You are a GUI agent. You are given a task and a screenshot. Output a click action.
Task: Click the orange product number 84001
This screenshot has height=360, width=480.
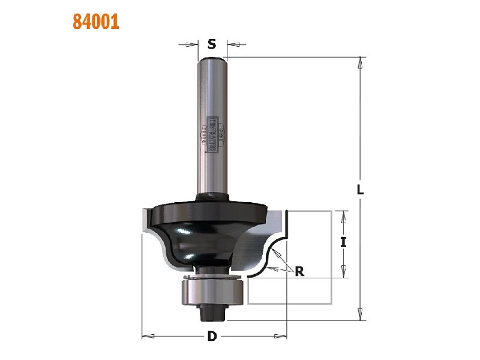click(x=96, y=22)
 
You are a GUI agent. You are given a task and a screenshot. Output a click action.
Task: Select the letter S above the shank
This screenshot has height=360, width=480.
click(x=212, y=44)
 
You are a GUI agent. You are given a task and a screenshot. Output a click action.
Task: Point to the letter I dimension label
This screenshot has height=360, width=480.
click(x=343, y=243)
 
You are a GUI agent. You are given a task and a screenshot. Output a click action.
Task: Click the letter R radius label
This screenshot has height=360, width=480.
click(x=299, y=271)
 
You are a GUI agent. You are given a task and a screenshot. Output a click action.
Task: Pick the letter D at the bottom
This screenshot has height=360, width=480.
click(x=212, y=336)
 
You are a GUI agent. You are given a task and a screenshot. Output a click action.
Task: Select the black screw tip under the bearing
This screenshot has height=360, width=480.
click(x=212, y=310)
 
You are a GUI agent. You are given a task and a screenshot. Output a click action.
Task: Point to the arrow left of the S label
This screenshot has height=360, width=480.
click(x=192, y=44)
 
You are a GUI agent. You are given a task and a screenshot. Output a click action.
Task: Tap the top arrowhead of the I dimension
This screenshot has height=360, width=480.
click(x=343, y=215)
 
